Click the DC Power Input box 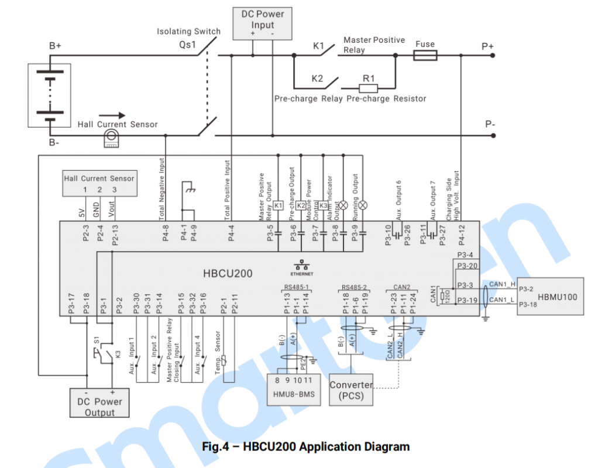(262, 23)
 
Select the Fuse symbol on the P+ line (425, 56)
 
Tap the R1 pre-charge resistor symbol (368, 88)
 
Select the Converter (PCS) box (351, 390)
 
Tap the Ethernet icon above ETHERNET (303, 265)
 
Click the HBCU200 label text (228, 273)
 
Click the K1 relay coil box (279, 205)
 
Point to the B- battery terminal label (54, 143)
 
